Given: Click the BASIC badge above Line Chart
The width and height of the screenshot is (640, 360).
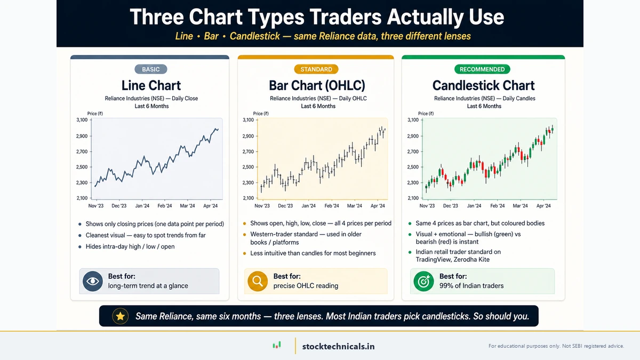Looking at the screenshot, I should pos(151,69).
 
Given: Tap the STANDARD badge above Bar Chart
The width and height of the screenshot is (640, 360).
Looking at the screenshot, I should pos(316,69).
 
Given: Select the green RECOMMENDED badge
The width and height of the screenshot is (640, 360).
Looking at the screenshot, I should pos(482,69).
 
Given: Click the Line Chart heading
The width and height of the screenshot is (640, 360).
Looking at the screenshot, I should pos(151,85).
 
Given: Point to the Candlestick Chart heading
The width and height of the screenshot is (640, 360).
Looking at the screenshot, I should pos(483,85).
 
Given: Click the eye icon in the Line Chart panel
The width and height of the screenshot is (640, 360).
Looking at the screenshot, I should pos(93,281).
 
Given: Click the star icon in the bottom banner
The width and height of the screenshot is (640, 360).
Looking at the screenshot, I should pos(121,316).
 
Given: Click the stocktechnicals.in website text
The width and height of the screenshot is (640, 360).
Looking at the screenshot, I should pos(338,346).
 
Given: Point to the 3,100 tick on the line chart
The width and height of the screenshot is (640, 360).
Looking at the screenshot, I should pos(82,120).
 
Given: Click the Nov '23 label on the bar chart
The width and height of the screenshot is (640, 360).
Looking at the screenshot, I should pos(262,206).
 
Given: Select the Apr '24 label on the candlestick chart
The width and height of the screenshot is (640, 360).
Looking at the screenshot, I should pos(543,206).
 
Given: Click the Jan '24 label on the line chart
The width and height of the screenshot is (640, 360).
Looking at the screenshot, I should pos(142,206).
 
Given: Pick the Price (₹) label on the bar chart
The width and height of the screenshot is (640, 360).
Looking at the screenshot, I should pos(261,114).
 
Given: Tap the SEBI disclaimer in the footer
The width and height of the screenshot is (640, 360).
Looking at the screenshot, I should pos(556,346).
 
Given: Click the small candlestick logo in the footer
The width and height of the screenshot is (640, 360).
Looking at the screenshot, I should pos(276,346).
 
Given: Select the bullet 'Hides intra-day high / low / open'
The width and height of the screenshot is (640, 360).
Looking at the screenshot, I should pos(130,247).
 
